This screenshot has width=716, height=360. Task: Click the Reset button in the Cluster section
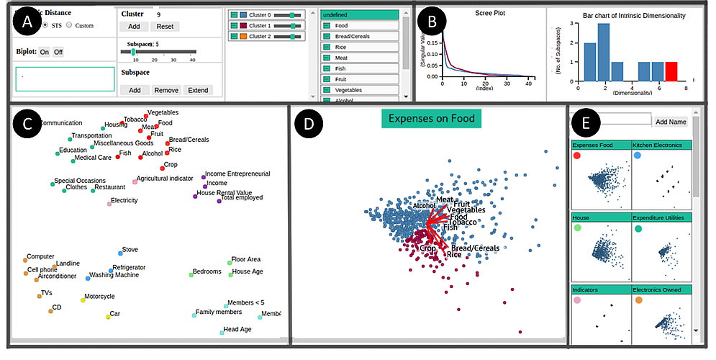[x=165, y=27]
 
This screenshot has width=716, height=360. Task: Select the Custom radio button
[x=69, y=25]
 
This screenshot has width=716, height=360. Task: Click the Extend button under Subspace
[x=198, y=90]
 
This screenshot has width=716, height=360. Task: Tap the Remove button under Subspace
[x=166, y=90]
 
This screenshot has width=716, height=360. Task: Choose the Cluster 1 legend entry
[x=266, y=25]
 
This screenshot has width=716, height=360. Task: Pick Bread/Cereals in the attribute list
[x=359, y=36]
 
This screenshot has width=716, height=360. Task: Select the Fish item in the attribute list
[x=359, y=68]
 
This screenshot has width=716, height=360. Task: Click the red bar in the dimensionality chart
[x=671, y=72]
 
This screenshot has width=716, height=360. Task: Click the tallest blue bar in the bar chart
[x=604, y=53]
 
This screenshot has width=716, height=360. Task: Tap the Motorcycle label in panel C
[x=99, y=296]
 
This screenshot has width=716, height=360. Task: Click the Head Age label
[x=237, y=329]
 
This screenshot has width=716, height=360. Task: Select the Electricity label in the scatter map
[x=124, y=200]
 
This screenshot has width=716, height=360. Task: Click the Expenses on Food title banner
[x=431, y=117]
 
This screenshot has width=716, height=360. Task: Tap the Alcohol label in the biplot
[x=424, y=205]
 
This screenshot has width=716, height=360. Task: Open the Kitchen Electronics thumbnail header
[x=661, y=145]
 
